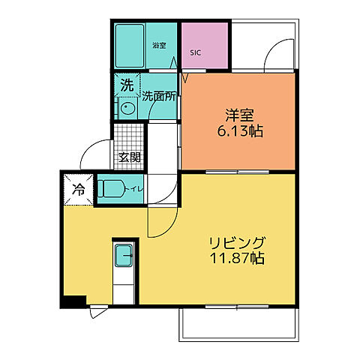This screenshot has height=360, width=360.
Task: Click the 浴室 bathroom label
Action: (x=159, y=46)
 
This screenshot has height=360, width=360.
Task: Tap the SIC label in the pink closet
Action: (x=195, y=53)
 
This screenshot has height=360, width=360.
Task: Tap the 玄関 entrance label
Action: (x=129, y=157)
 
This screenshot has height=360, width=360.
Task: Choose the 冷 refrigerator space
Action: (x=77, y=190)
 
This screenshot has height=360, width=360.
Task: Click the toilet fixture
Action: (x=113, y=187)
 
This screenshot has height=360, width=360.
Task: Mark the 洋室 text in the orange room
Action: (x=240, y=116)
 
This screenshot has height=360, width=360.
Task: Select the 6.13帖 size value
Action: (x=240, y=132)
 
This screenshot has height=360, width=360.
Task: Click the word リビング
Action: (x=235, y=244)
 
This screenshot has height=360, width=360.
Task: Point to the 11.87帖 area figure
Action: (x=235, y=259)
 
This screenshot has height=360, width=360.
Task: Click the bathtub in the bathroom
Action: (x=133, y=45)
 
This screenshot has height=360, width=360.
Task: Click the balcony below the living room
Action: (x=238, y=322)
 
